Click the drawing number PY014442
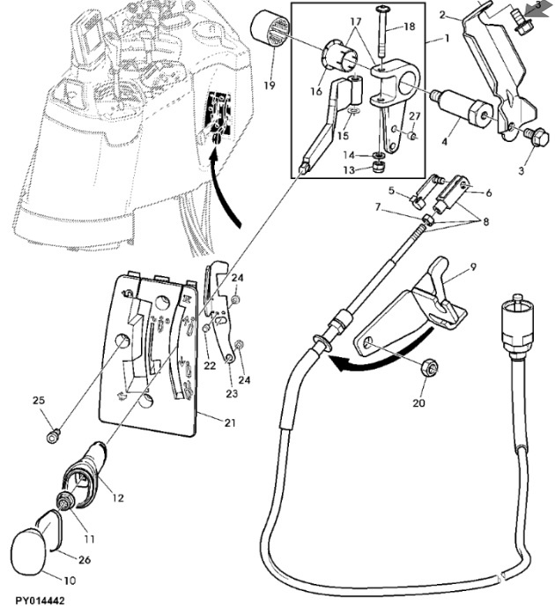click(x=41, y=601)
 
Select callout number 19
click(x=270, y=85)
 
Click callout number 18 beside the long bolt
click(x=409, y=26)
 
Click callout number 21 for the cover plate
click(x=230, y=423)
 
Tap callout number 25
click(x=39, y=400)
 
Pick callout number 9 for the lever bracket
click(x=474, y=266)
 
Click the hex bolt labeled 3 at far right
click(x=538, y=137)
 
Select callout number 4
click(x=445, y=142)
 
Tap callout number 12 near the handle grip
click(x=118, y=498)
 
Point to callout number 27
click(x=414, y=116)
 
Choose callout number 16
click(x=316, y=91)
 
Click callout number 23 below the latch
click(x=232, y=393)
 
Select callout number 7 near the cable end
click(x=378, y=207)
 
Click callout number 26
click(x=85, y=559)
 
